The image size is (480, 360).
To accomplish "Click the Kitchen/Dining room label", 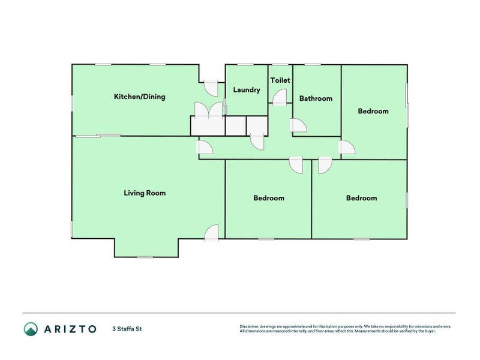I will (139, 97).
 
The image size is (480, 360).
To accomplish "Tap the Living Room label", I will (145, 193).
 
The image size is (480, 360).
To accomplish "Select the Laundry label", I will (247, 90).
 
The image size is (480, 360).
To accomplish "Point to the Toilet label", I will (280, 80).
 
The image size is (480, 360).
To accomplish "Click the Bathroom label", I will (316, 99).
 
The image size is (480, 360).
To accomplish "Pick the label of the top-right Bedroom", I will (373, 111).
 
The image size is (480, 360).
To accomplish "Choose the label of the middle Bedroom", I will (269, 198).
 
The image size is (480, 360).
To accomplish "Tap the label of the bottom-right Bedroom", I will (362, 198).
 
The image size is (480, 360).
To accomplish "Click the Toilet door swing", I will (280, 97).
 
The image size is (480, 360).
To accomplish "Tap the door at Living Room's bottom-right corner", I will (211, 233).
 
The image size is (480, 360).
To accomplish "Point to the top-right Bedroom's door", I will (346, 148).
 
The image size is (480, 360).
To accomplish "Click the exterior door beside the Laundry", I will (211, 88).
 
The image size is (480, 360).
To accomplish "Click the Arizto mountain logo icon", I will (31, 329).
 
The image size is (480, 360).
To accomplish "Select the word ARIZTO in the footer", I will (69, 329).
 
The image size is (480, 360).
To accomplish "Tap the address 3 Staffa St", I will (127, 329).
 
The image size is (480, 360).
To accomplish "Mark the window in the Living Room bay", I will (145, 257).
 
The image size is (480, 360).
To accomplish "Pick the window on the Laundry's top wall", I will (246, 65).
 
